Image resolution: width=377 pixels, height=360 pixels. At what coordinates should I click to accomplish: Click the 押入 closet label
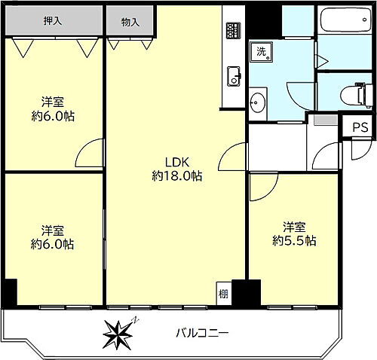[52, 21]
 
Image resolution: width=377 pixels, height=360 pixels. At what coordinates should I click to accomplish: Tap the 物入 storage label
[130, 23]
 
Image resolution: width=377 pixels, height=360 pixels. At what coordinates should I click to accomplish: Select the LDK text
[176, 161]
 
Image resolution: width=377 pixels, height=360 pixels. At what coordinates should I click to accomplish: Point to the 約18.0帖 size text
[176, 175]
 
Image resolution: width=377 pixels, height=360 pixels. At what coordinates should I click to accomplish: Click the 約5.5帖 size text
[294, 241]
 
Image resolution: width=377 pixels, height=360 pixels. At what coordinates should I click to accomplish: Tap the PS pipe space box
[359, 127]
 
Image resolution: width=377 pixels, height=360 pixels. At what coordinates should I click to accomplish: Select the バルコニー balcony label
[201, 332]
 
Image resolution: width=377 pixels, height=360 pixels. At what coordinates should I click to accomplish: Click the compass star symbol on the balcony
[119, 331]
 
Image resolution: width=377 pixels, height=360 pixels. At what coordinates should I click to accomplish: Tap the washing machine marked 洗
[262, 53]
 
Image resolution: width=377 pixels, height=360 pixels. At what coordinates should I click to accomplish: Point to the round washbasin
[259, 102]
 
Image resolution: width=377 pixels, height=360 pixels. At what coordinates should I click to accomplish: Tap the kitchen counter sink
[232, 75]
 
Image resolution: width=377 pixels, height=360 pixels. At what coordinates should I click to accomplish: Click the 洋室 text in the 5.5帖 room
[294, 226]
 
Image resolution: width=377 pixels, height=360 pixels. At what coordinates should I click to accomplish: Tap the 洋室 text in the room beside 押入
[52, 102]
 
